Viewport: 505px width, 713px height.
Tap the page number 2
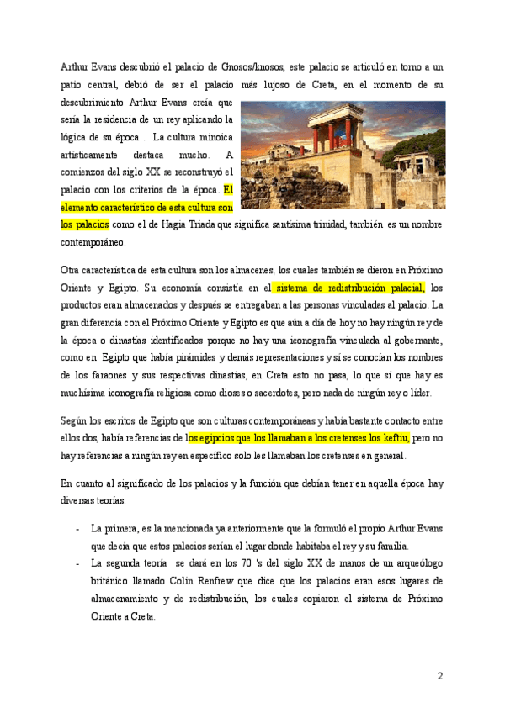[x=439, y=676]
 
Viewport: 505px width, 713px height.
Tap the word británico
[x=113, y=581]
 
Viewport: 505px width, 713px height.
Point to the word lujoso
[x=307, y=85]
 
